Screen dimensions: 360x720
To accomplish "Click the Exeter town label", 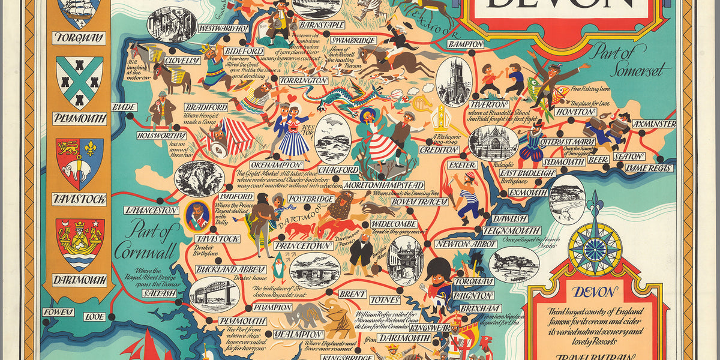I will pos(463,164).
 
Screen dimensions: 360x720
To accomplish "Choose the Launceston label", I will pos(152,211).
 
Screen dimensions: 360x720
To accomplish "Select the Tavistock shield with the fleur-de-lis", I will pos(79,163).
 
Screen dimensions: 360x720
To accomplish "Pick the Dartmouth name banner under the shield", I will pos(79,280).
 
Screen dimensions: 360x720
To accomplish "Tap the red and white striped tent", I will pos(238,137).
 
